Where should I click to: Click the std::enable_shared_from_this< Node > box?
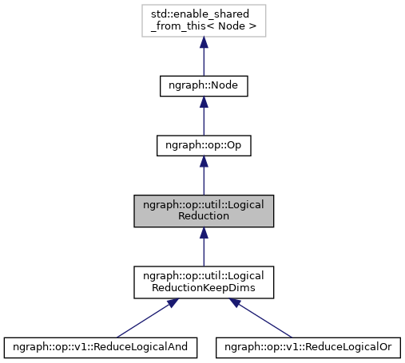204,22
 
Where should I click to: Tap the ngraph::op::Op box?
204,146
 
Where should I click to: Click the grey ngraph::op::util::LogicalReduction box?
204,210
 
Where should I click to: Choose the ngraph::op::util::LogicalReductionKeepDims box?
204,280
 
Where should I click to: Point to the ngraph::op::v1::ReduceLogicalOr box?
311,347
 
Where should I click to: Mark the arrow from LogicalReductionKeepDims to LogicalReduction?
204,247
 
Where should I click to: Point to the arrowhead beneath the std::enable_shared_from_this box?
204,45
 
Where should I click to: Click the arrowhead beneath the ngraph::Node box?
204,105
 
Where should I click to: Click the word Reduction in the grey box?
204,216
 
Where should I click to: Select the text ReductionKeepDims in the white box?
204,286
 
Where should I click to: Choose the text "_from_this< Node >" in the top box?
204,28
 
